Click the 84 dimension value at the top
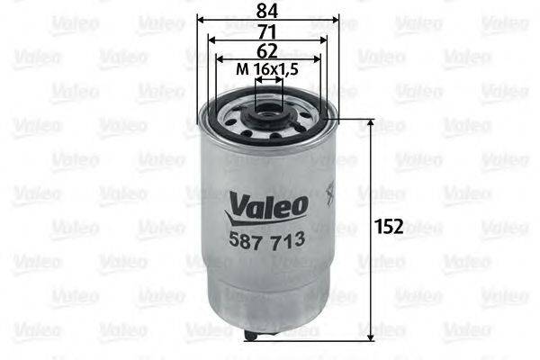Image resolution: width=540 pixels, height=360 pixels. click(x=266, y=10)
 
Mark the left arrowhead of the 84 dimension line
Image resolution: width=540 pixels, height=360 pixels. click(x=200, y=20)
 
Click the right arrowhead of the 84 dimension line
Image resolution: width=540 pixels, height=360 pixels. click(x=336, y=20)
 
